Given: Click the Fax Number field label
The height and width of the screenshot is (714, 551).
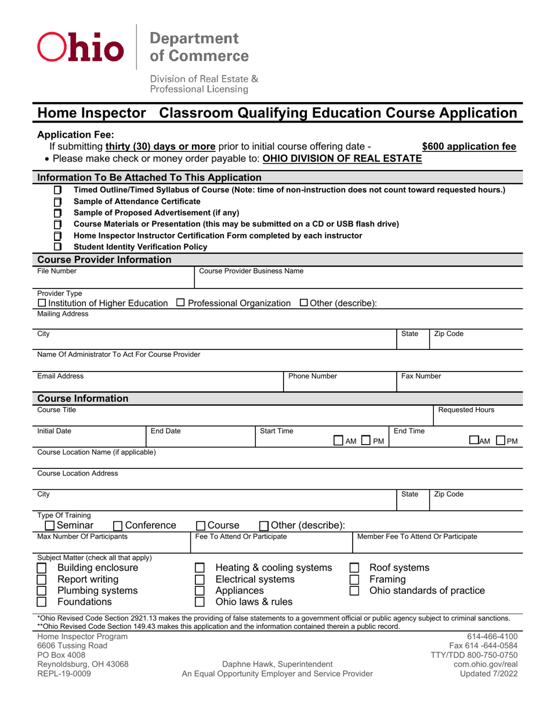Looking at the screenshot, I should pyautogui.click(x=421, y=376).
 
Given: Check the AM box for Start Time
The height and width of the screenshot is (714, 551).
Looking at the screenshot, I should pyautogui.click(x=339, y=442).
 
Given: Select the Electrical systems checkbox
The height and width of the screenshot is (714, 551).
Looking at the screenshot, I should pyautogui.click(x=199, y=579).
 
